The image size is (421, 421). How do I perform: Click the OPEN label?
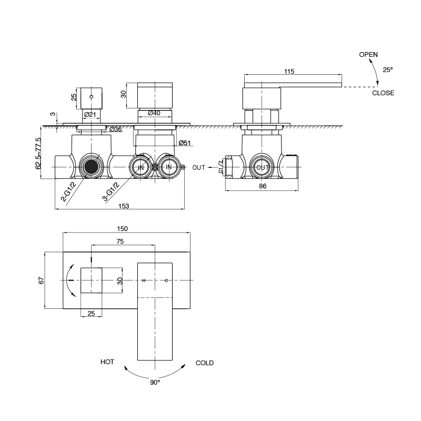tap(368, 54)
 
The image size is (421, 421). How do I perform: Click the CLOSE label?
tap(383, 93)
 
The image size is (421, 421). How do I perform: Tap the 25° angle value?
tap(387, 69)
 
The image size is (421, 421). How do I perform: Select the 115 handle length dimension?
tap(289, 72)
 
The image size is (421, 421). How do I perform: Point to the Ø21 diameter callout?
tap(89, 114)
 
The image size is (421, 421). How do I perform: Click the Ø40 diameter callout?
tap(154, 113)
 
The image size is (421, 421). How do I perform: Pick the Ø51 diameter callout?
tap(184, 143)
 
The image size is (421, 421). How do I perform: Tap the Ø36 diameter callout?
tap(115, 129)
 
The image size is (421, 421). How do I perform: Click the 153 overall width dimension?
tap(124, 205)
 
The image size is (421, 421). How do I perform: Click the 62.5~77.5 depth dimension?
tap(38, 153)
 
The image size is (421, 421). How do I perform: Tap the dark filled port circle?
tap(93, 167)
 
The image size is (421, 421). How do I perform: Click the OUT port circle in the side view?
tap(263, 167)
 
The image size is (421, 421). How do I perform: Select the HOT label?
tap(108, 363)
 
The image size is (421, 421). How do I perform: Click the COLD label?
tap(204, 363)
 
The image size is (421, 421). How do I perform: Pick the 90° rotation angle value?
tap(155, 383)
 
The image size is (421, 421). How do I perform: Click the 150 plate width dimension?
tap(123, 229)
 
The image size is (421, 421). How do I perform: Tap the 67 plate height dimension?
tap(41, 280)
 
